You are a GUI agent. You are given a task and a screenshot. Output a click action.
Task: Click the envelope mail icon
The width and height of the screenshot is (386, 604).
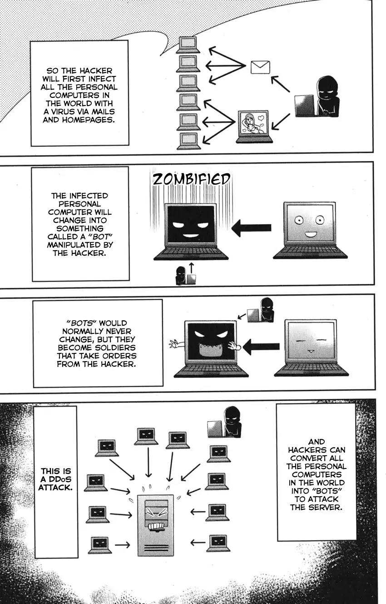pyautogui.click(x=260, y=67)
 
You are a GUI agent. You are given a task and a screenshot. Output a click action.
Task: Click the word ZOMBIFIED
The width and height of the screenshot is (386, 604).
pyautogui.click(x=191, y=179)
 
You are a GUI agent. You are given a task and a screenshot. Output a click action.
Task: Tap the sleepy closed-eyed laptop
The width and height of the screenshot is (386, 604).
pyautogui.click(x=311, y=348)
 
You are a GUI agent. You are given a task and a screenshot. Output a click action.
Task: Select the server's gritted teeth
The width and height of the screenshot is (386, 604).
pyautogui.click(x=155, y=526)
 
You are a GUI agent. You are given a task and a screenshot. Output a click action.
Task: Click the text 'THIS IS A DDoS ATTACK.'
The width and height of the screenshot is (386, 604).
pyautogui.click(x=55, y=479)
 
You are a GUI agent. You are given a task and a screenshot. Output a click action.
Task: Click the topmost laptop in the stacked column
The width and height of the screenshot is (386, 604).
pyautogui.click(x=188, y=44)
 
